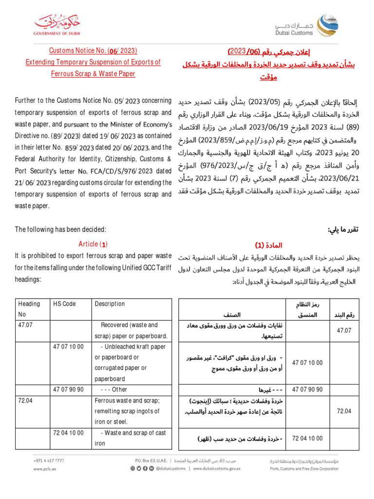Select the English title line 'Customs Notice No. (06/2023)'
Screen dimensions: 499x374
(93, 50)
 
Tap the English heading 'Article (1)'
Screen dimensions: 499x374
(93, 244)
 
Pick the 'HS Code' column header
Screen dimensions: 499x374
(64, 304)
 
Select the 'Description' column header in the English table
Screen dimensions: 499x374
(110, 304)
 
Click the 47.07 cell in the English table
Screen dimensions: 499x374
(25, 325)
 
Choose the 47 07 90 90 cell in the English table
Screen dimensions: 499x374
(68, 389)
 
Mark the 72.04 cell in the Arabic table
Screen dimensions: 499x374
(344, 411)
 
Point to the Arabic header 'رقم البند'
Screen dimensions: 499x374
(343, 315)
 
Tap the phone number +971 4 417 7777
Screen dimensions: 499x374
(49, 460)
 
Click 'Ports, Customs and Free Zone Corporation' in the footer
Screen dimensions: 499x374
(304, 469)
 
